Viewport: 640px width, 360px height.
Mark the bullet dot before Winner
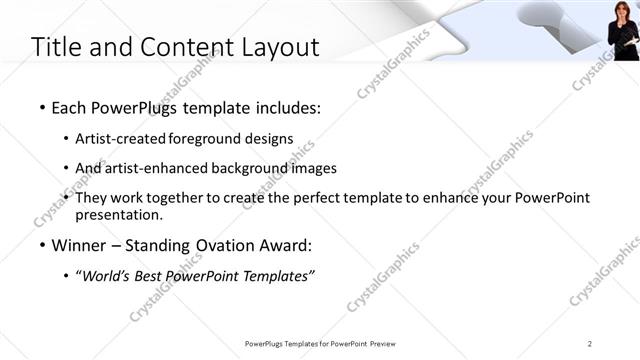(x=40, y=246)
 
